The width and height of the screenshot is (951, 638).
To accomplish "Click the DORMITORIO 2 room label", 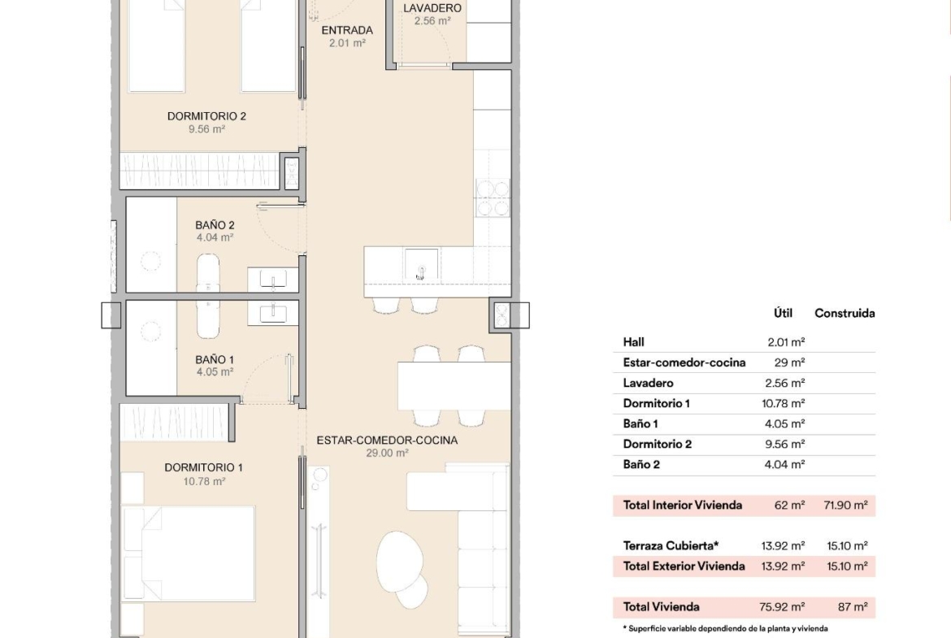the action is point(206,116).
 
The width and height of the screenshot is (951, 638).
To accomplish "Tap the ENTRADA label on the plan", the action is point(347,30).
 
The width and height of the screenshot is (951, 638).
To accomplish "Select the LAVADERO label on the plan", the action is point(432,8).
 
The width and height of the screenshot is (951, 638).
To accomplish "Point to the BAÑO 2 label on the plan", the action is point(215,225).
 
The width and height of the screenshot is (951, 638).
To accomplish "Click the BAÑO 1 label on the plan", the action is point(215,359).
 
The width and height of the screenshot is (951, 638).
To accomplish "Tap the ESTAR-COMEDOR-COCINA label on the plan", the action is point(387,441).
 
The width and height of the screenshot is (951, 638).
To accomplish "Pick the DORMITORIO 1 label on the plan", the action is point(204,467).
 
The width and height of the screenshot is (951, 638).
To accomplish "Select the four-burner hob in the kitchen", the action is point(493,197).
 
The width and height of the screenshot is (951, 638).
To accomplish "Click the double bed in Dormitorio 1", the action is point(188,553).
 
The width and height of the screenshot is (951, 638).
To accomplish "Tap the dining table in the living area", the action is point(454,386).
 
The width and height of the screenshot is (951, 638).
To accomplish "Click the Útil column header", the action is point(783,313).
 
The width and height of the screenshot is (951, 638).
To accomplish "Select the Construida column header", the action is point(845,314).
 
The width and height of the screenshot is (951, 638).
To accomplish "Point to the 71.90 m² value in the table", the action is point(845,506).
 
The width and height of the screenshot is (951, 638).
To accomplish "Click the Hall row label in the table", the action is point(634,342).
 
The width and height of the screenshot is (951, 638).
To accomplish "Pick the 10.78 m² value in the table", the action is point(784,403).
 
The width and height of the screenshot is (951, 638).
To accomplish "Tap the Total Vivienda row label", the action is point(661,606).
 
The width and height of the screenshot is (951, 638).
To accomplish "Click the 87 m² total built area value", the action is point(853,606).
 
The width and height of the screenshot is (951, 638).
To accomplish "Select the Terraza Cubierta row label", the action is point(671,546).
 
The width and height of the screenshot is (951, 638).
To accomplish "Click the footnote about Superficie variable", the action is point(725,628).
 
